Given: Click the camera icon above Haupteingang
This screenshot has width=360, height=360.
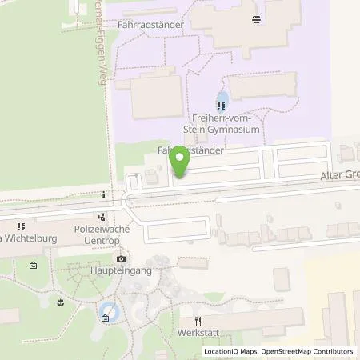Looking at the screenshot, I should pyautogui.click(x=121, y=259).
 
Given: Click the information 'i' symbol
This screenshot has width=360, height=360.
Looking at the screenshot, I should pyautogui.click(x=105, y=194).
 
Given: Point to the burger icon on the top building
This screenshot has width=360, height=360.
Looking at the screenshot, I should pyautogui.click(x=255, y=19).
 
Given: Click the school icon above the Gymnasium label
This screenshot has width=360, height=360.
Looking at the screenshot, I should pyautogui.click(x=221, y=104).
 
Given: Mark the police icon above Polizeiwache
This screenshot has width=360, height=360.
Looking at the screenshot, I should pyautogui.click(x=102, y=216).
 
